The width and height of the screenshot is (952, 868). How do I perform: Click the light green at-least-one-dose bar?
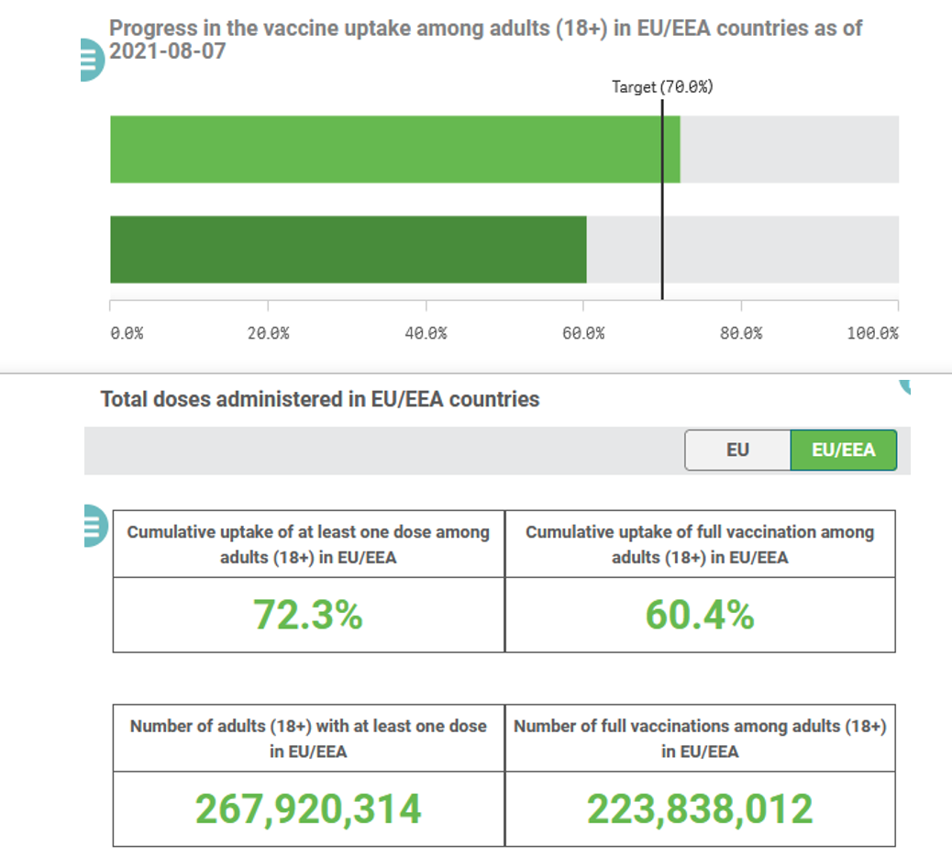(x=394, y=150)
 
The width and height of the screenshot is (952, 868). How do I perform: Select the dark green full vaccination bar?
(x=349, y=250)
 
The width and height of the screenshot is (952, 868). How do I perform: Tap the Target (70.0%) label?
(x=662, y=87)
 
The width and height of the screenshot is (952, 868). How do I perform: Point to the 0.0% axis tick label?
(x=127, y=333)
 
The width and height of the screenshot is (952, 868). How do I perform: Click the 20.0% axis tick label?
(x=268, y=333)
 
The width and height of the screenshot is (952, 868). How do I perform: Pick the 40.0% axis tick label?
(x=426, y=333)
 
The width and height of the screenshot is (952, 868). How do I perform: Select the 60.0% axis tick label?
(x=583, y=333)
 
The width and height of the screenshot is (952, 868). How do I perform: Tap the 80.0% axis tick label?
(x=741, y=333)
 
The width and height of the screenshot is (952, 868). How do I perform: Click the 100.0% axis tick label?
(x=872, y=333)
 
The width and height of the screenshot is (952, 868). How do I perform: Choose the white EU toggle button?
(x=737, y=451)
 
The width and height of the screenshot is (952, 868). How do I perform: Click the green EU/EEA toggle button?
(x=844, y=451)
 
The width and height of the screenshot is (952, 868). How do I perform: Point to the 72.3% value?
(x=307, y=616)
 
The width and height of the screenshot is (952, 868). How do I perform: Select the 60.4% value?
(x=700, y=616)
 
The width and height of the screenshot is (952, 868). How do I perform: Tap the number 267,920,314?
(x=308, y=809)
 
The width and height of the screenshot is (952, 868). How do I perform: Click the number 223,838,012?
(x=700, y=809)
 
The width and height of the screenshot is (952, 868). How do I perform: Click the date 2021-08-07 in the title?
(x=168, y=52)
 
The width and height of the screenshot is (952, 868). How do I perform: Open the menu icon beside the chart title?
(x=92, y=61)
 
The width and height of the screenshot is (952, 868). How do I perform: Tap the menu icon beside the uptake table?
(x=92, y=526)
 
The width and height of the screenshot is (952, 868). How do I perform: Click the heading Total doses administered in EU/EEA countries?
(x=320, y=400)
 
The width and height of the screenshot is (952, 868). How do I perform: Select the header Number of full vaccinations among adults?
(x=700, y=738)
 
